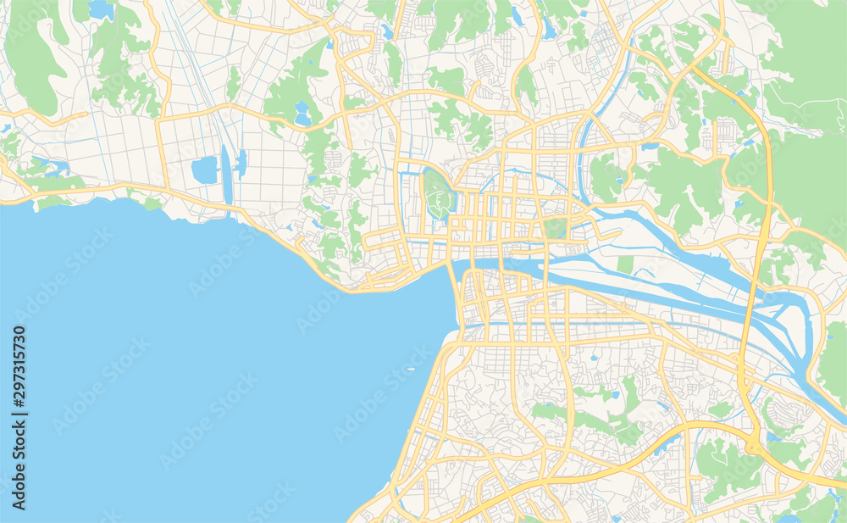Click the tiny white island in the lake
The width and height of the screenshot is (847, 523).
click(x=411, y=370)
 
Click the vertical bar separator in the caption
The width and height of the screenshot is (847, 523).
click(x=19, y=415)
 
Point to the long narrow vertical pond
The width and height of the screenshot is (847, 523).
click(x=226, y=174)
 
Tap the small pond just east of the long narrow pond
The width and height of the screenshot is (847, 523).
click(x=242, y=163)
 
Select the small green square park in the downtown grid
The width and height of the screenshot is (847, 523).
click(x=556, y=227)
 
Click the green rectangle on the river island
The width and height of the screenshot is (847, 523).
click(x=625, y=264)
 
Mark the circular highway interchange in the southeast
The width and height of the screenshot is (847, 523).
click(x=753, y=447)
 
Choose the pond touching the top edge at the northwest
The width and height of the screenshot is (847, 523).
click(x=101, y=9)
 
